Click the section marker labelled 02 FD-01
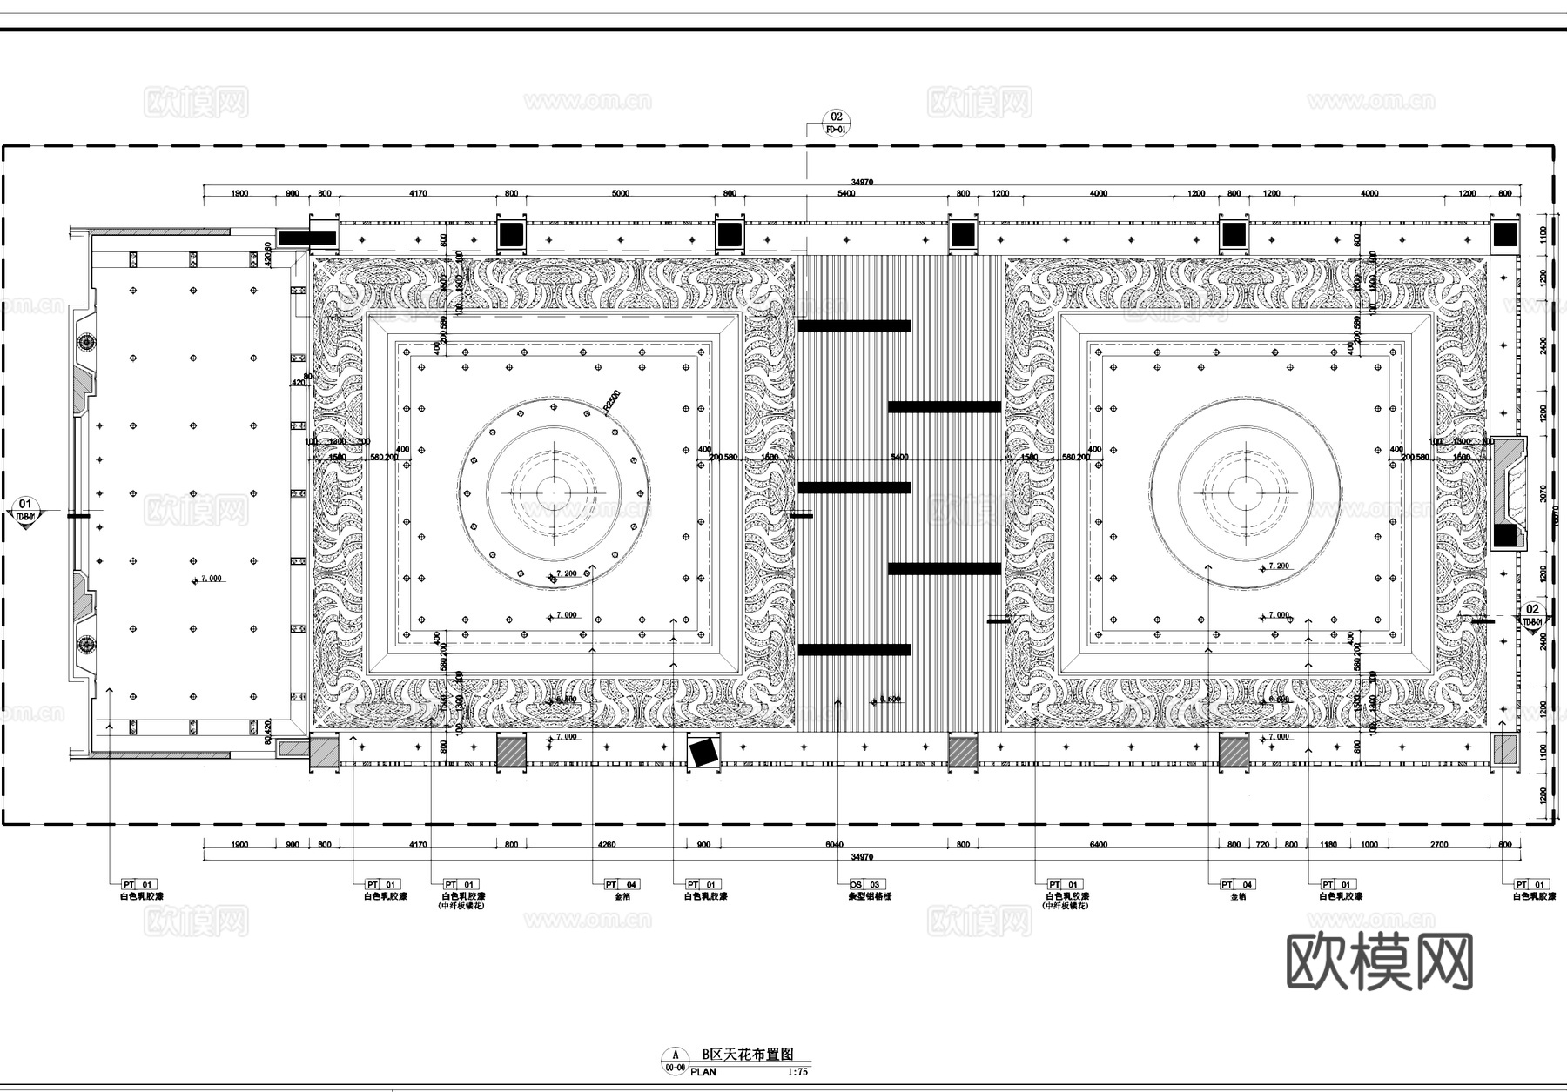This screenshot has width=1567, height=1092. pos(837,123)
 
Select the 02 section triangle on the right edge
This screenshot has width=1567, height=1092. pos(1533,614)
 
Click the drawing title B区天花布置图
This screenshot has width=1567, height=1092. pos(748,1055)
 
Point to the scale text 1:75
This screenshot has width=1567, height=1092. pos(797,1072)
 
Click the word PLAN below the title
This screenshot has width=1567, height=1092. pos(703,1072)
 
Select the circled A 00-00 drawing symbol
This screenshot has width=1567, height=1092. pos(674,1061)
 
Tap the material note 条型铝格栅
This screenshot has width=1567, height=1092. pos(870,896)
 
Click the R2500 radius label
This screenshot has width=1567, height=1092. pos(611,402)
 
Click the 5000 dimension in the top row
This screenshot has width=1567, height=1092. pos(620,193)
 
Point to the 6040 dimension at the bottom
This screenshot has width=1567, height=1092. pos(834,845)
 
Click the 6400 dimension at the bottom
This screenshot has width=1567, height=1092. pos(1098,845)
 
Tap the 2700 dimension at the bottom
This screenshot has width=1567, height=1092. pos(1439,845)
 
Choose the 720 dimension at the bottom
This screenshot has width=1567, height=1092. pos(1262,845)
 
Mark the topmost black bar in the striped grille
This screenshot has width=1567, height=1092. pos(854,326)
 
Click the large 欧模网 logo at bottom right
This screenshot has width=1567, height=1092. pos(1380,961)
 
